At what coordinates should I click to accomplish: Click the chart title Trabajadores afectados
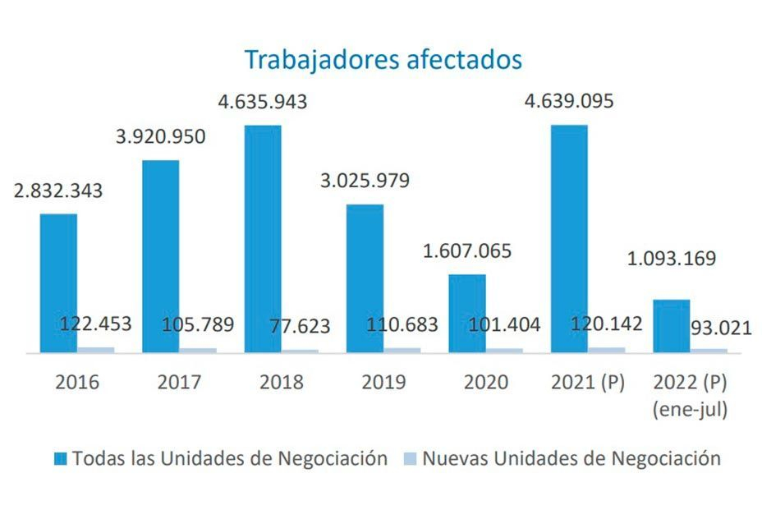383,60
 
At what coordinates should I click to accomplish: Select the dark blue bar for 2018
263,239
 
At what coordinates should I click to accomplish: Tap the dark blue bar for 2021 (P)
569,239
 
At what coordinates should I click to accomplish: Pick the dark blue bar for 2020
467,313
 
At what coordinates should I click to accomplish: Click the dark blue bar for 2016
58,283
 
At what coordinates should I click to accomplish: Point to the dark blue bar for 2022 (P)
671,326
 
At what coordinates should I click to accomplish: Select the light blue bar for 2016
95,350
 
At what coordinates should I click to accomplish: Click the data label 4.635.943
263,102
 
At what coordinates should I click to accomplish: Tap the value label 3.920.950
161,136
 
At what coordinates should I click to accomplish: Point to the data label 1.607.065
467,250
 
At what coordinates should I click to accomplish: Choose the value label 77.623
300,326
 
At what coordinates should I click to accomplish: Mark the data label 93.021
721,328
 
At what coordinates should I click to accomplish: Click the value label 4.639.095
569,102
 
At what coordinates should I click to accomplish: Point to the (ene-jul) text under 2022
690,409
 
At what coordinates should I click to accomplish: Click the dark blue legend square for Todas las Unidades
60,458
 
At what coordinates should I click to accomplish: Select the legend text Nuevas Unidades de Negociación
571,458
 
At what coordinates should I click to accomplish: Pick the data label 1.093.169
671,258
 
